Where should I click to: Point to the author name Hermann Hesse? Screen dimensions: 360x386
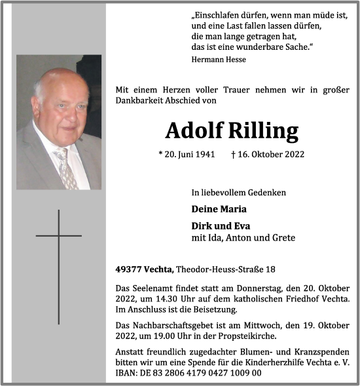pos(219,59)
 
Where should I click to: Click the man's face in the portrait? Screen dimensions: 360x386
pos(63,105)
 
